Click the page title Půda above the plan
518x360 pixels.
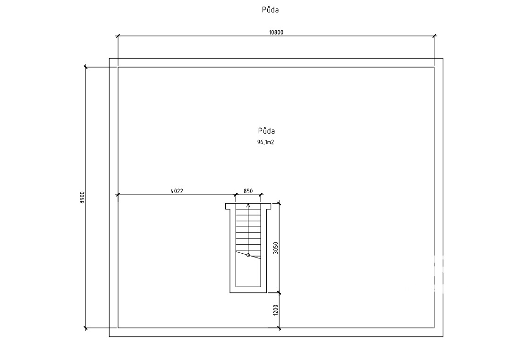click(x=270, y=9)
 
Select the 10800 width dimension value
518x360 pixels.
click(x=276, y=33)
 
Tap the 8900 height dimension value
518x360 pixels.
click(x=82, y=197)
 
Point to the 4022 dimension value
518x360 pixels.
click(x=177, y=191)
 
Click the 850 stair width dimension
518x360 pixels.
click(x=248, y=191)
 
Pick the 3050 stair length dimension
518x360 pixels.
click(x=276, y=248)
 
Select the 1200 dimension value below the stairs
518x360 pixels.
click(x=276, y=310)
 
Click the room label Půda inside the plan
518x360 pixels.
click(x=267, y=130)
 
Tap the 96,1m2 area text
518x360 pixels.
click(x=266, y=142)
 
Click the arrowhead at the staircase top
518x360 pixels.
click(x=248, y=205)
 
